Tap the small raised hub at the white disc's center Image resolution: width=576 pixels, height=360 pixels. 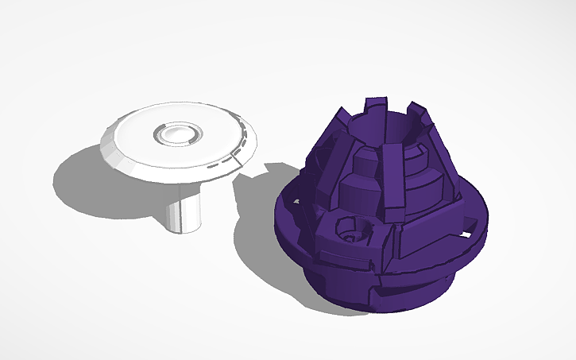click(x=178, y=133)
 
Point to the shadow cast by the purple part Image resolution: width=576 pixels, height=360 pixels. click(x=254, y=238)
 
